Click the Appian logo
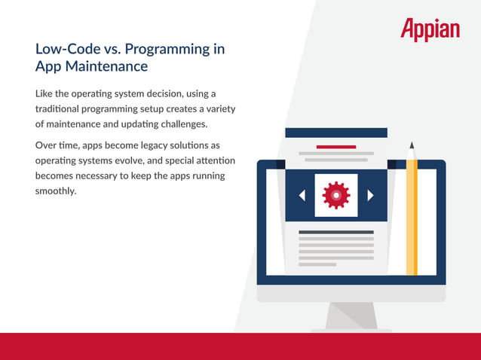click(429, 29)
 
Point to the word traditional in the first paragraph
click(59, 108)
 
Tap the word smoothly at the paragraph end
click(56, 191)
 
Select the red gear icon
click(335, 195)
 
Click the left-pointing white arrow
click(302, 195)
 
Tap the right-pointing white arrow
click(370, 195)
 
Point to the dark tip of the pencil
click(412, 145)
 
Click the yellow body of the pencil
click(412, 218)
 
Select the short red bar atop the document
click(336, 147)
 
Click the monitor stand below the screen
click(351, 316)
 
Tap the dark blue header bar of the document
click(336, 133)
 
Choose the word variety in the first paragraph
click(216, 108)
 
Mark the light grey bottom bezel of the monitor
click(351, 294)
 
